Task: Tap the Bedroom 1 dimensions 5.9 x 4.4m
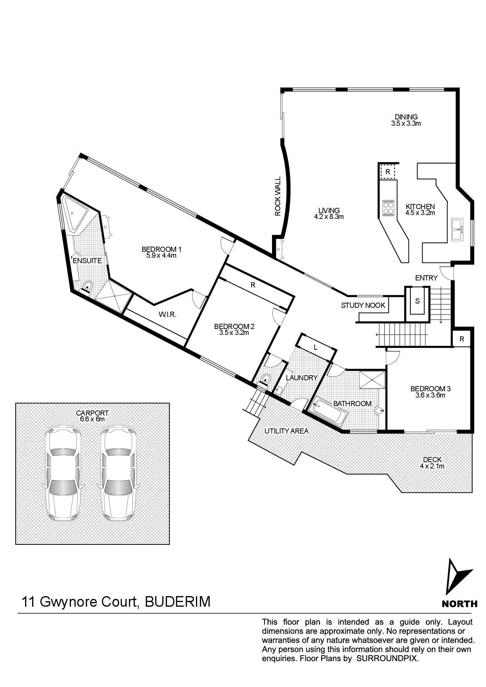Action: pyautogui.click(x=161, y=256)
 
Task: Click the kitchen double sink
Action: pyautogui.click(x=457, y=229)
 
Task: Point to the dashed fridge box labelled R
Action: pyautogui.click(x=388, y=172)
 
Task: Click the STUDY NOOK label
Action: pyautogui.click(x=363, y=305)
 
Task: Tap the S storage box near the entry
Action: pyautogui.click(x=417, y=301)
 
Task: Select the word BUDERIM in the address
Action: pyautogui.click(x=178, y=601)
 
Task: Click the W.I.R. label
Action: pyautogui.click(x=167, y=314)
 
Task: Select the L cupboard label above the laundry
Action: pyautogui.click(x=316, y=347)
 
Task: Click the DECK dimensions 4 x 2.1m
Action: pyautogui.click(x=432, y=466)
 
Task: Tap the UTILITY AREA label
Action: pyautogui.click(x=287, y=431)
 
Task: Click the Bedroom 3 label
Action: pyautogui.click(x=430, y=389)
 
